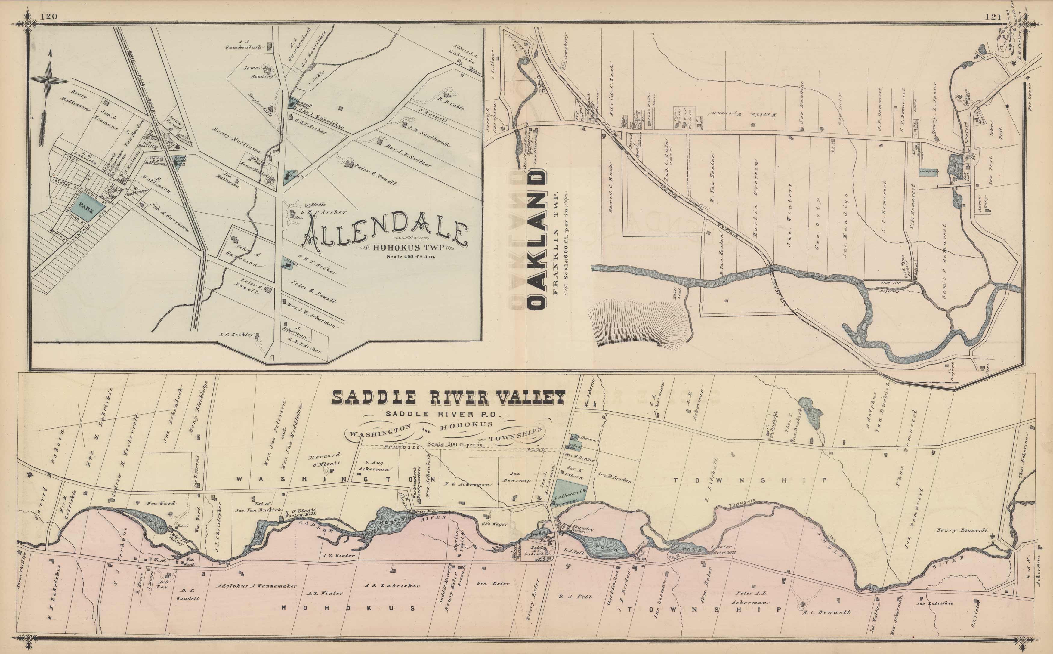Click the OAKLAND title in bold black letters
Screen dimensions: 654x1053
point(537,240)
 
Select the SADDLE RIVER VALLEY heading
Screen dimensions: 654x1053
point(448,397)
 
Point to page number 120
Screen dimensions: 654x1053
point(48,17)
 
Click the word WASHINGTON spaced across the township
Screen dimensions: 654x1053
point(337,479)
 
